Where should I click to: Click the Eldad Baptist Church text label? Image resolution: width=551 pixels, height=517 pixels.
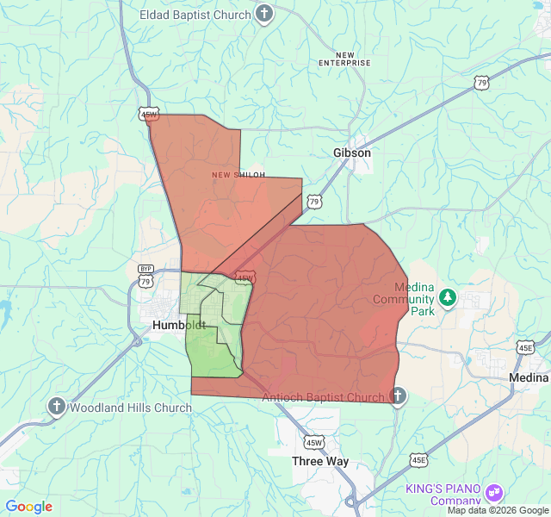(195, 15)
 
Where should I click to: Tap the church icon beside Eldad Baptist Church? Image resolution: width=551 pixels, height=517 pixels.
(264, 14)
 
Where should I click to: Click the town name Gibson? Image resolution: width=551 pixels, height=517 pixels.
(352, 153)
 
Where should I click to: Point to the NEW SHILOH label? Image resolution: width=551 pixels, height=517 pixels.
(238, 175)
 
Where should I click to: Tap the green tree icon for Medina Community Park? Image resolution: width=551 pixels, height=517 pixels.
(447, 298)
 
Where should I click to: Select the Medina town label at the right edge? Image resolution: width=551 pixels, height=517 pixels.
(528, 377)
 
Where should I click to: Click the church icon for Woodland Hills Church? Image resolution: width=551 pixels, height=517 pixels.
(57, 407)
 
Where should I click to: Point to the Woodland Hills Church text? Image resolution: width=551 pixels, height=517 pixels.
(131, 408)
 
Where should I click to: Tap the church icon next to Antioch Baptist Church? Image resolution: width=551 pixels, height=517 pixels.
(397, 396)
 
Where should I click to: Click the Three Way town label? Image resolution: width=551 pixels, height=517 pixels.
(319, 461)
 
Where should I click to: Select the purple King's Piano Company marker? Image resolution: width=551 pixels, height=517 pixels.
(494, 494)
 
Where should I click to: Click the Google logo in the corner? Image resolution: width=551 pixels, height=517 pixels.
(28, 507)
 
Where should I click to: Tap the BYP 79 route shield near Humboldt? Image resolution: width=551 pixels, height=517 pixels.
(145, 277)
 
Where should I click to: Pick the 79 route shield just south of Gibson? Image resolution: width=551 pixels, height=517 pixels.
(314, 202)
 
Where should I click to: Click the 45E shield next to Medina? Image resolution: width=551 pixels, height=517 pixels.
(526, 347)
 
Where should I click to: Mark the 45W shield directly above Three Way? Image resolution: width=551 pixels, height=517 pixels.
(314, 442)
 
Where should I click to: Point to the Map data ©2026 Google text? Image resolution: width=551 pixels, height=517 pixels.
(498, 510)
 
